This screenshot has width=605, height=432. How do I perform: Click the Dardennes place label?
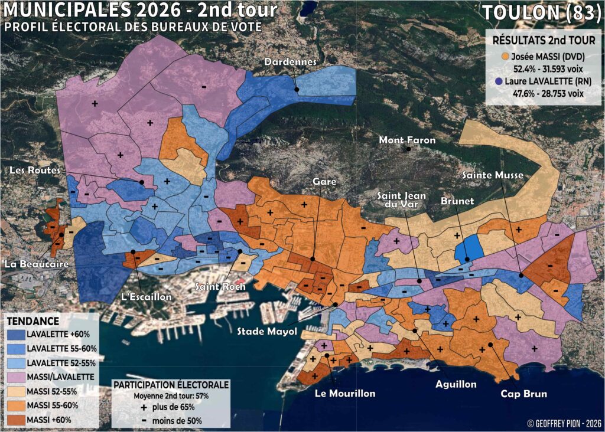pos(291,62)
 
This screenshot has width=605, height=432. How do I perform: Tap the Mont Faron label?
pos(407,140)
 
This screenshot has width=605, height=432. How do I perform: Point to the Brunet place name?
pos(457,201)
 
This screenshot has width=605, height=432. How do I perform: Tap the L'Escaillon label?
pos(146,296)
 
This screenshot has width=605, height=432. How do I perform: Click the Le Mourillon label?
pos(345,394)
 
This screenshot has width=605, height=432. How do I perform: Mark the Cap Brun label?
pos(523,394)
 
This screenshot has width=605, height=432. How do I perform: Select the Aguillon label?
pos(456,384)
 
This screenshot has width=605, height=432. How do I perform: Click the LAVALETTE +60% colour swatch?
pos(17,333)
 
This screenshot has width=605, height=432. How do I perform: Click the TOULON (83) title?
pos(541,14)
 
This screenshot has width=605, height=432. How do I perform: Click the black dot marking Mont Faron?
pos(408,150)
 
